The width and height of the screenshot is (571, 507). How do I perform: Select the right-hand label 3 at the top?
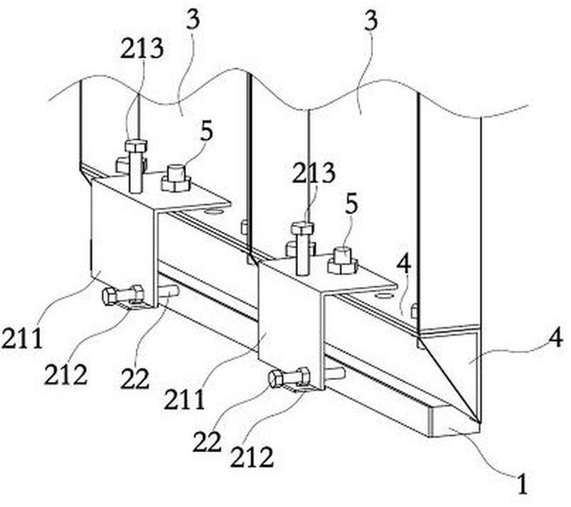click(371, 20)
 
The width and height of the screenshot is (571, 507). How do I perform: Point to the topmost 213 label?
click(141, 49)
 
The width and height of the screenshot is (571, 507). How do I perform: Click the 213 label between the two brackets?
click(314, 173)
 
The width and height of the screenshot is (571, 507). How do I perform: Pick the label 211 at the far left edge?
click(23, 338)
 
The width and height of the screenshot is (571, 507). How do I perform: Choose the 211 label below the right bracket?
click(184, 399)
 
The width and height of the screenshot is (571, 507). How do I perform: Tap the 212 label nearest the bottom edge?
click(252, 457)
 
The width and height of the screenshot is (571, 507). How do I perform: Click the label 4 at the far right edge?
click(556, 339)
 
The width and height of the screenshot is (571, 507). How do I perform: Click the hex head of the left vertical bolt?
click(136, 146)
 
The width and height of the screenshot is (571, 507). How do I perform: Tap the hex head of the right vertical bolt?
click(302, 229)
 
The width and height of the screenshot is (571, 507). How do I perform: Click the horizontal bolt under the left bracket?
click(123, 295)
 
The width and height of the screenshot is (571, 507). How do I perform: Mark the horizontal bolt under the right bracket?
click(289, 377)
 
